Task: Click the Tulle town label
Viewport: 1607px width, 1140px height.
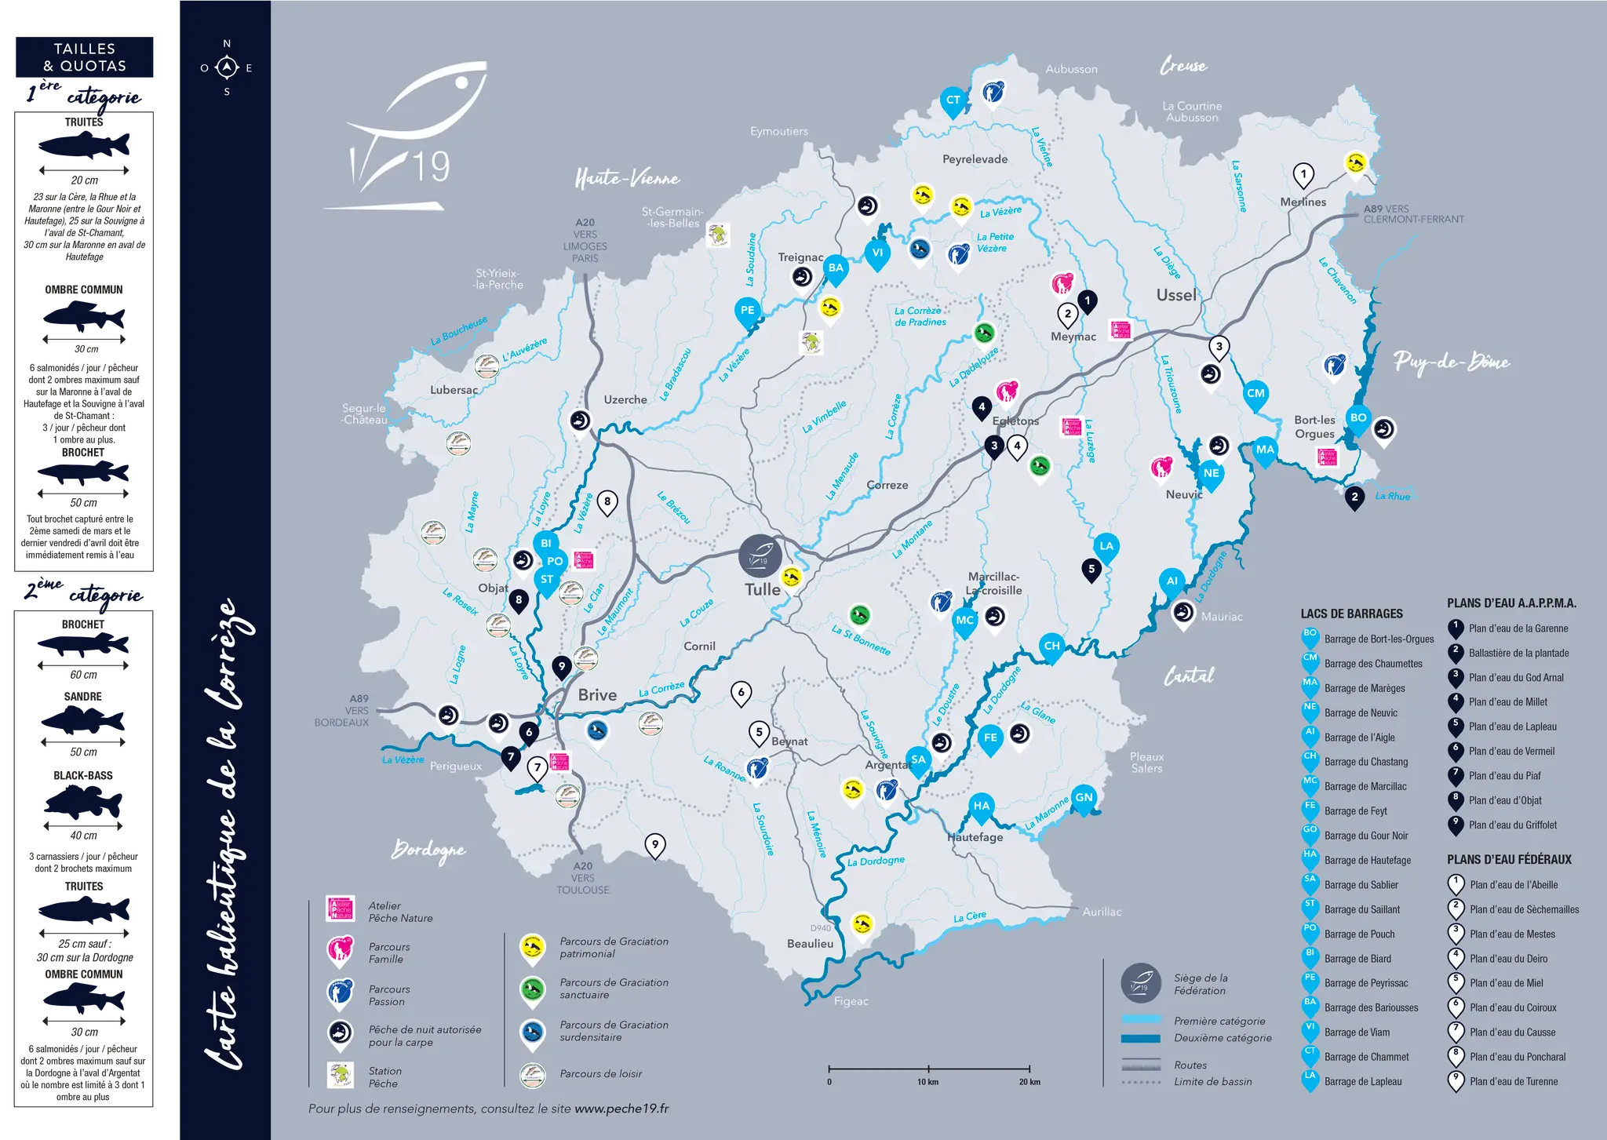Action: click(x=762, y=589)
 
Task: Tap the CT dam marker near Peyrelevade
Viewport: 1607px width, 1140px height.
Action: click(x=953, y=100)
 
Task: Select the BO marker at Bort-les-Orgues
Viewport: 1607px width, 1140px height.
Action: click(x=1357, y=418)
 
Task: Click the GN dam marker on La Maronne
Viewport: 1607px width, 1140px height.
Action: click(x=1083, y=797)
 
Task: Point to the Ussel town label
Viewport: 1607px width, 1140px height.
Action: click(x=1175, y=295)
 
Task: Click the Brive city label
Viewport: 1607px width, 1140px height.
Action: click(x=597, y=695)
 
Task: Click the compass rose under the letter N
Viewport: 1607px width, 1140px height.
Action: click(x=227, y=68)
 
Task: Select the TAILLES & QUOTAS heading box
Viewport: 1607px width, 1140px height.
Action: click(x=85, y=58)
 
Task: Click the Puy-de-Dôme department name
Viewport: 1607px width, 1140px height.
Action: click(x=1451, y=362)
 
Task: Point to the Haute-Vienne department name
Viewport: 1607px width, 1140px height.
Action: click(x=627, y=179)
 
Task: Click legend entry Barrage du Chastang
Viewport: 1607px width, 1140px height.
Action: click(x=1366, y=762)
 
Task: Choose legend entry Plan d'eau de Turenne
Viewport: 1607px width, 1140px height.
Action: click(x=1513, y=1081)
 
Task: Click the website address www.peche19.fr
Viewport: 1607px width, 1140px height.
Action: click(x=621, y=1109)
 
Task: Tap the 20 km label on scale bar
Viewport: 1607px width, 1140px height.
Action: click(x=1029, y=1082)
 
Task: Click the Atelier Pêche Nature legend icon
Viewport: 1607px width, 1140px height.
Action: click(x=341, y=909)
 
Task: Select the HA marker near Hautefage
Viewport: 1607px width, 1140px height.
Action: click(x=981, y=806)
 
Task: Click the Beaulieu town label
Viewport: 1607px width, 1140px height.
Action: click(x=810, y=944)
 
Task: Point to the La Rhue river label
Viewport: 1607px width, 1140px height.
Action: click(x=1392, y=497)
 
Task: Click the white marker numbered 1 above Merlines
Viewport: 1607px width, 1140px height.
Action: click(x=1303, y=174)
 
